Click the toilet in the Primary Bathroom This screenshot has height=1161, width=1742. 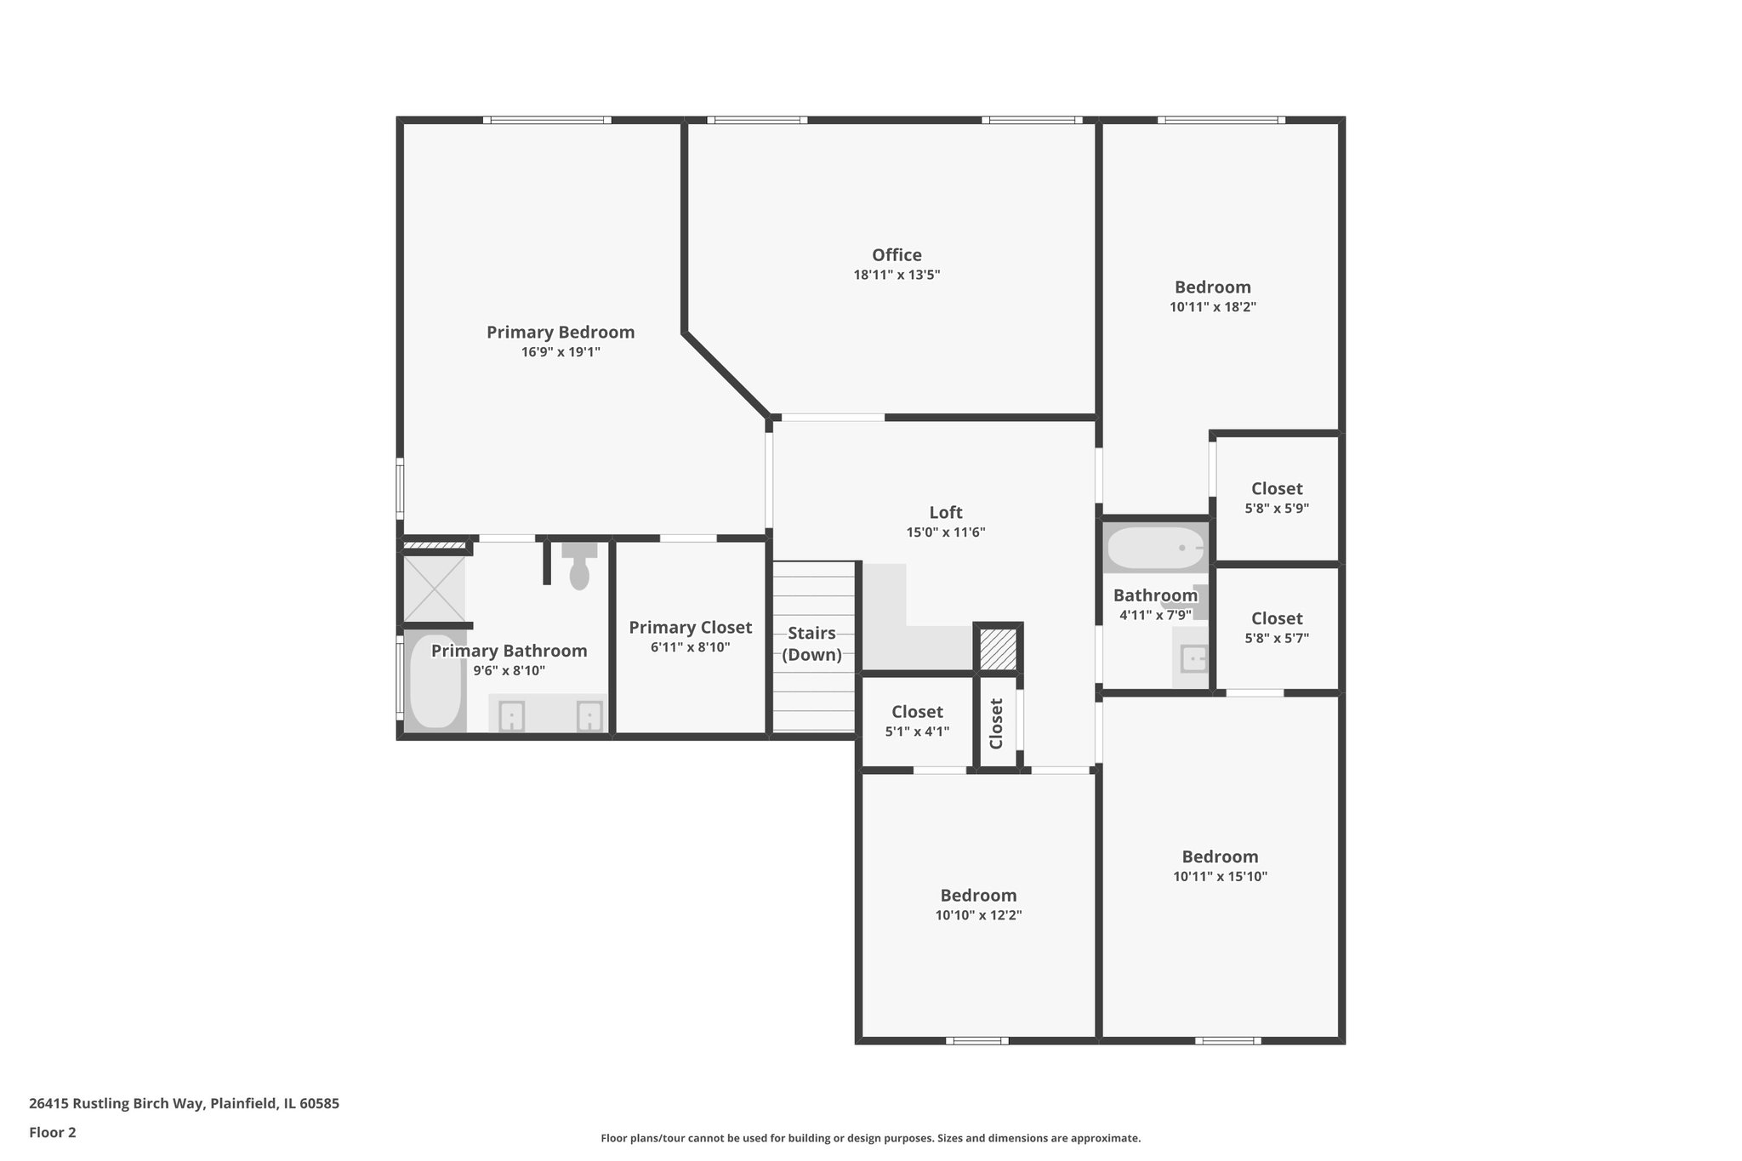(579, 566)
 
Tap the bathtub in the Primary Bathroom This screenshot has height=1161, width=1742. (435, 681)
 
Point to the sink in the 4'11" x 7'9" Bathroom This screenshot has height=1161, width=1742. (1193, 659)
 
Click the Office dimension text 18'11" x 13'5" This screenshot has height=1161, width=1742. (897, 275)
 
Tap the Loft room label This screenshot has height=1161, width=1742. (946, 512)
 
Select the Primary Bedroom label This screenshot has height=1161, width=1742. (561, 332)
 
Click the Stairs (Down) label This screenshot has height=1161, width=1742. (812, 644)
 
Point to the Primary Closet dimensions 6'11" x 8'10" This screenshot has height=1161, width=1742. (691, 647)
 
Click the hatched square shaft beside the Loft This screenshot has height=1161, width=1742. (998, 648)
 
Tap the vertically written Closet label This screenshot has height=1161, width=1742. (997, 723)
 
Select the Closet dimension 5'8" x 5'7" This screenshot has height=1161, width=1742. (1277, 638)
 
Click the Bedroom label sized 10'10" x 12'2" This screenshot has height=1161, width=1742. (978, 895)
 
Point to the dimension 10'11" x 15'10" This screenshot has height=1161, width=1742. (1221, 876)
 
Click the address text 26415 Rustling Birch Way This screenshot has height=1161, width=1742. (117, 1103)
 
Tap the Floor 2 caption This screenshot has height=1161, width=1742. (53, 1132)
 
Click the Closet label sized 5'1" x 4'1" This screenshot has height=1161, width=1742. (917, 711)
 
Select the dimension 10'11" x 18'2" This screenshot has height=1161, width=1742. (1213, 307)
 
